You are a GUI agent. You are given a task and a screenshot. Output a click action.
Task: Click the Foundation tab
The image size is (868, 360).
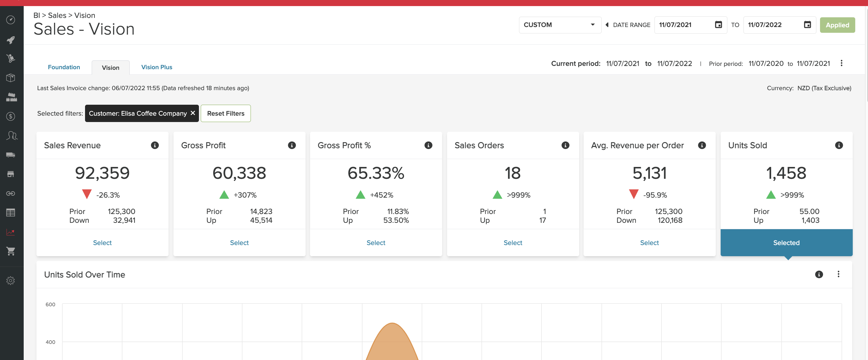(x=64, y=67)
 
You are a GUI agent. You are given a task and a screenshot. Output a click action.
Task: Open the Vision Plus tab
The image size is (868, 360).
(x=156, y=67)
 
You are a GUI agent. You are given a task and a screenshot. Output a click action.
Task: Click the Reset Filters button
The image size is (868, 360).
(x=225, y=114)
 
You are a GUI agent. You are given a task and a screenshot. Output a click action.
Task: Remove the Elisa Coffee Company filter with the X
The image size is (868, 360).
(x=193, y=113)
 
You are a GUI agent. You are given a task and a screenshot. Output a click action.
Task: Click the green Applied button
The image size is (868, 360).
(x=837, y=25)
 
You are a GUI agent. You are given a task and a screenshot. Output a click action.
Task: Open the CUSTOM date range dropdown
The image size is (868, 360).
(x=559, y=25)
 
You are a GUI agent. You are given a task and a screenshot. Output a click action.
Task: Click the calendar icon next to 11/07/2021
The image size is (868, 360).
(x=718, y=25)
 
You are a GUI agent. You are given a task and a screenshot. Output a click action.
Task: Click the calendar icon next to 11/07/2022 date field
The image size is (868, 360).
(x=807, y=25)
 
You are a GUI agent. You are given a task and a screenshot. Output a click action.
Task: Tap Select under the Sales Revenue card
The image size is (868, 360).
(x=102, y=243)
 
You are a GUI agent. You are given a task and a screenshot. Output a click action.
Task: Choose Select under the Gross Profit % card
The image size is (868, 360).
(x=376, y=243)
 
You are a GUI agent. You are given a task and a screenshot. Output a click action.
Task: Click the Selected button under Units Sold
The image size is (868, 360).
(x=786, y=243)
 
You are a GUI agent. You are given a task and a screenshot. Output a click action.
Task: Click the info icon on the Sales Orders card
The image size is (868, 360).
(x=565, y=145)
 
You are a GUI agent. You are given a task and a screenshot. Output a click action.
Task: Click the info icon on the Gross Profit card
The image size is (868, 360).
(x=292, y=145)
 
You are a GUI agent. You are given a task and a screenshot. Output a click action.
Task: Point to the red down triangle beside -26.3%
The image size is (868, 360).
(x=87, y=194)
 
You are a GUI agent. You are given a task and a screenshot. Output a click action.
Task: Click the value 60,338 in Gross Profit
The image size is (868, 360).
(x=239, y=173)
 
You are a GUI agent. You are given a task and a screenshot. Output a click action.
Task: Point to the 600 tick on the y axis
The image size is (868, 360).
(x=50, y=304)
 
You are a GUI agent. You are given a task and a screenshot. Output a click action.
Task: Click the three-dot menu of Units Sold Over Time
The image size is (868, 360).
(x=838, y=274)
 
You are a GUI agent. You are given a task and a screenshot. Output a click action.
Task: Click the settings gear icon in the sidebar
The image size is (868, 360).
(x=10, y=280)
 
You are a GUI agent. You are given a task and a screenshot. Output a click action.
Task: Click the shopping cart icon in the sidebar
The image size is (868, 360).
(x=10, y=251)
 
